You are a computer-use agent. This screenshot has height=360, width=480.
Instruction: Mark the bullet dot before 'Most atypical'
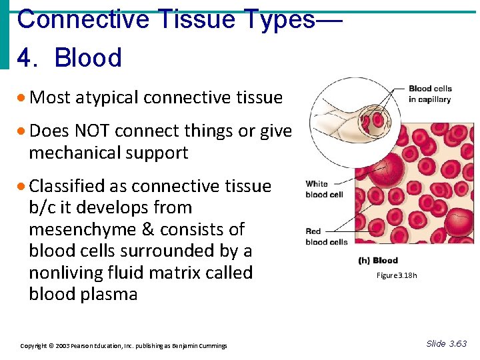(23, 99)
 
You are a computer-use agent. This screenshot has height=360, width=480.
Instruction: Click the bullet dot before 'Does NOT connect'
(23, 132)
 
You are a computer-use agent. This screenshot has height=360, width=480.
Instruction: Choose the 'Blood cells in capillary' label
(430, 94)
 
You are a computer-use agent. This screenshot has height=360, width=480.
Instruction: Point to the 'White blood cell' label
(325, 189)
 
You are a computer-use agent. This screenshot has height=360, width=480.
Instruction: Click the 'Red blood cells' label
(326, 237)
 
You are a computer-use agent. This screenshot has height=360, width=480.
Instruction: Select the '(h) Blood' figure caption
(378, 261)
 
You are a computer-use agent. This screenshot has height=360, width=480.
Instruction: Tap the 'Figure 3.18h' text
(396, 275)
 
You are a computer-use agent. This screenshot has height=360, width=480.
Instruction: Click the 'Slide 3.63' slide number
(446, 344)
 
